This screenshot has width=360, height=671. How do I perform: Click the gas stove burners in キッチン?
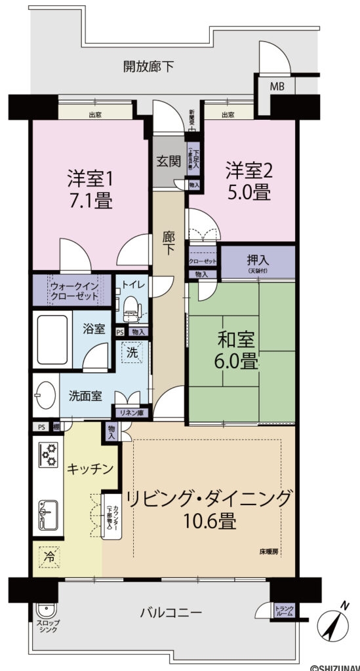(x=48, y=453)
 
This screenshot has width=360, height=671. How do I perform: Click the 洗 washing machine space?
(x=132, y=352)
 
